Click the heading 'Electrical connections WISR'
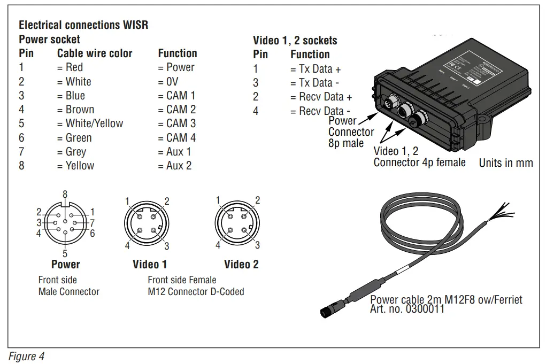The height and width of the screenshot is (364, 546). tap(83, 25)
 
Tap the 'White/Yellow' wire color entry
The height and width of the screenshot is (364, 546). tap(90, 123)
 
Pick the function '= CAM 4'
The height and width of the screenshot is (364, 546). tap(176, 137)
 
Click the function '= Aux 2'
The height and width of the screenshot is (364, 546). tap(174, 166)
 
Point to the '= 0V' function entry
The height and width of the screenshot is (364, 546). tap(168, 82)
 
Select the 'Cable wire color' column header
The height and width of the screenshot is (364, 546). tap(95, 53)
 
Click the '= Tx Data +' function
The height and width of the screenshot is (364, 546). tap(316, 69)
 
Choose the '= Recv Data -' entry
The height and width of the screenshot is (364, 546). tap(320, 111)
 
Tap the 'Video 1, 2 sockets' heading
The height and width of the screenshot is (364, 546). tap(295, 41)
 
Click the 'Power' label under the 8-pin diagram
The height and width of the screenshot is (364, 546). tap(65, 264)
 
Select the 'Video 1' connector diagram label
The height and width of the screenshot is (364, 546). tap(150, 264)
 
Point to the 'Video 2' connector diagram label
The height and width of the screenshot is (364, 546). tap(241, 264)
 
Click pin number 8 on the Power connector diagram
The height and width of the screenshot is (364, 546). tap(65, 195)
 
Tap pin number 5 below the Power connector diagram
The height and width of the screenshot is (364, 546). tap(65, 253)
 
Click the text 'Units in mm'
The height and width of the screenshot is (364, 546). tap(505, 163)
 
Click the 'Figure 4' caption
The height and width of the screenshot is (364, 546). tap(26, 357)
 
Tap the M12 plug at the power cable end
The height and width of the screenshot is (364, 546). tap(329, 309)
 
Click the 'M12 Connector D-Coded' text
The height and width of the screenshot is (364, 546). tap(196, 292)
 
